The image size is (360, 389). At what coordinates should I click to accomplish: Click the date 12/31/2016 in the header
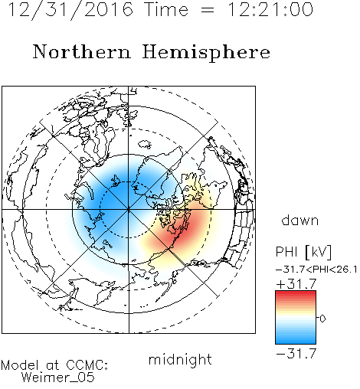[x=70, y=10]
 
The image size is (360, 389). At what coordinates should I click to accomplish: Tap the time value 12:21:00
[x=270, y=9]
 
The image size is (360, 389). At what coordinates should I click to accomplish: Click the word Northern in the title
[x=82, y=52]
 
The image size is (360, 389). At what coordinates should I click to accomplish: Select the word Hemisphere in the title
[x=206, y=53]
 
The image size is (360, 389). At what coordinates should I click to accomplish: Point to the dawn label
[x=300, y=220]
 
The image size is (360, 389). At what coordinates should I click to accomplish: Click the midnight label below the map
[x=180, y=360]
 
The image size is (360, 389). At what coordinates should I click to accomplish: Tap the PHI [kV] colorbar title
[x=303, y=252]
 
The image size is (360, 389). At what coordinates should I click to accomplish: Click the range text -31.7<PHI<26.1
[x=316, y=270]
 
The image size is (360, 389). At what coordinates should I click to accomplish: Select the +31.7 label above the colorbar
[x=296, y=284]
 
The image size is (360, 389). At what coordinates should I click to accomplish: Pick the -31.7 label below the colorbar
[x=296, y=354]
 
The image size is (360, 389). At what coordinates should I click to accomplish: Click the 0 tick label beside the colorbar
[x=322, y=319]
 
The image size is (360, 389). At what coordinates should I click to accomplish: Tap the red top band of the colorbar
[x=296, y=293]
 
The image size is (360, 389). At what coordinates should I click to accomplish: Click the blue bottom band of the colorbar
[x=296, y=341]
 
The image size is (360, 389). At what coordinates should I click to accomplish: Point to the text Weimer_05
[x=58, y=378]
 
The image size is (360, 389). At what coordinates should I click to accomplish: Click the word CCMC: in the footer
[x=87, y=365]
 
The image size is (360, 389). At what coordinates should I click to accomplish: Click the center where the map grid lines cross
[x=129, y=210]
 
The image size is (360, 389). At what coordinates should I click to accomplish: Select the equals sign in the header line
[x=208, y=10]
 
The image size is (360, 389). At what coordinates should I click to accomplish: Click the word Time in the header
[x=166, y=9]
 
